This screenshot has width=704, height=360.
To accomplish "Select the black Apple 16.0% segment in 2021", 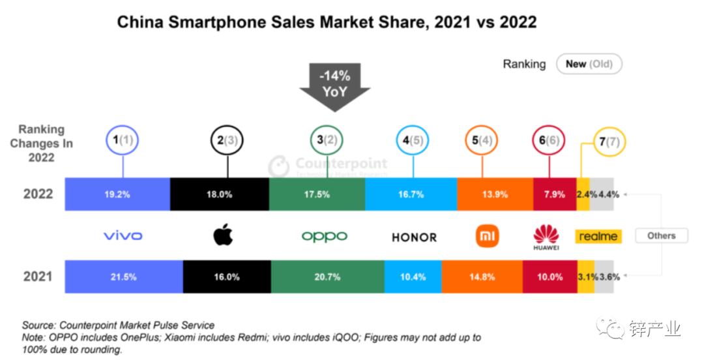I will pyautogui.click(x=227, y=277).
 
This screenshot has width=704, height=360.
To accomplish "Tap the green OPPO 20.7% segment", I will pyautogui.click(x=327, y=277).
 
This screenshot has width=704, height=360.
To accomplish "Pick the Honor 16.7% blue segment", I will pyautogui.click(x=411, y=194).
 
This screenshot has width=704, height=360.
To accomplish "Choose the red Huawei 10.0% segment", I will pyautogui.click(x=550, y=277).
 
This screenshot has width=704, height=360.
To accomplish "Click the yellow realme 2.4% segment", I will pyautogui.click(x=583, y=194).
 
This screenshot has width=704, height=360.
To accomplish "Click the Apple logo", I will pyautogui.click(x=223, y=235).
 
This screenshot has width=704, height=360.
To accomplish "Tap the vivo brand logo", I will pyautogui.click(x=123, y=235).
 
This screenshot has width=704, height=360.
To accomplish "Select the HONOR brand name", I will pyautogui.click(x=414, y=237).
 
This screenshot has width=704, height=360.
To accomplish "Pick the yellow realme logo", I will pyautogui.click(x=598, y=236).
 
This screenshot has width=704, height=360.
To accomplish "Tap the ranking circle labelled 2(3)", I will pyautogui.click(x=227, y=140).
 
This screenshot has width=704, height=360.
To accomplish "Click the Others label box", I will pyautogui.click(x=661, y=235).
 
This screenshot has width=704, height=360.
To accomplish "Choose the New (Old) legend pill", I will pyautogui.click(x=589, y=64).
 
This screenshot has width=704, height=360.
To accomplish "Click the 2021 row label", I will pyautogui.click(x=38, y=277).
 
